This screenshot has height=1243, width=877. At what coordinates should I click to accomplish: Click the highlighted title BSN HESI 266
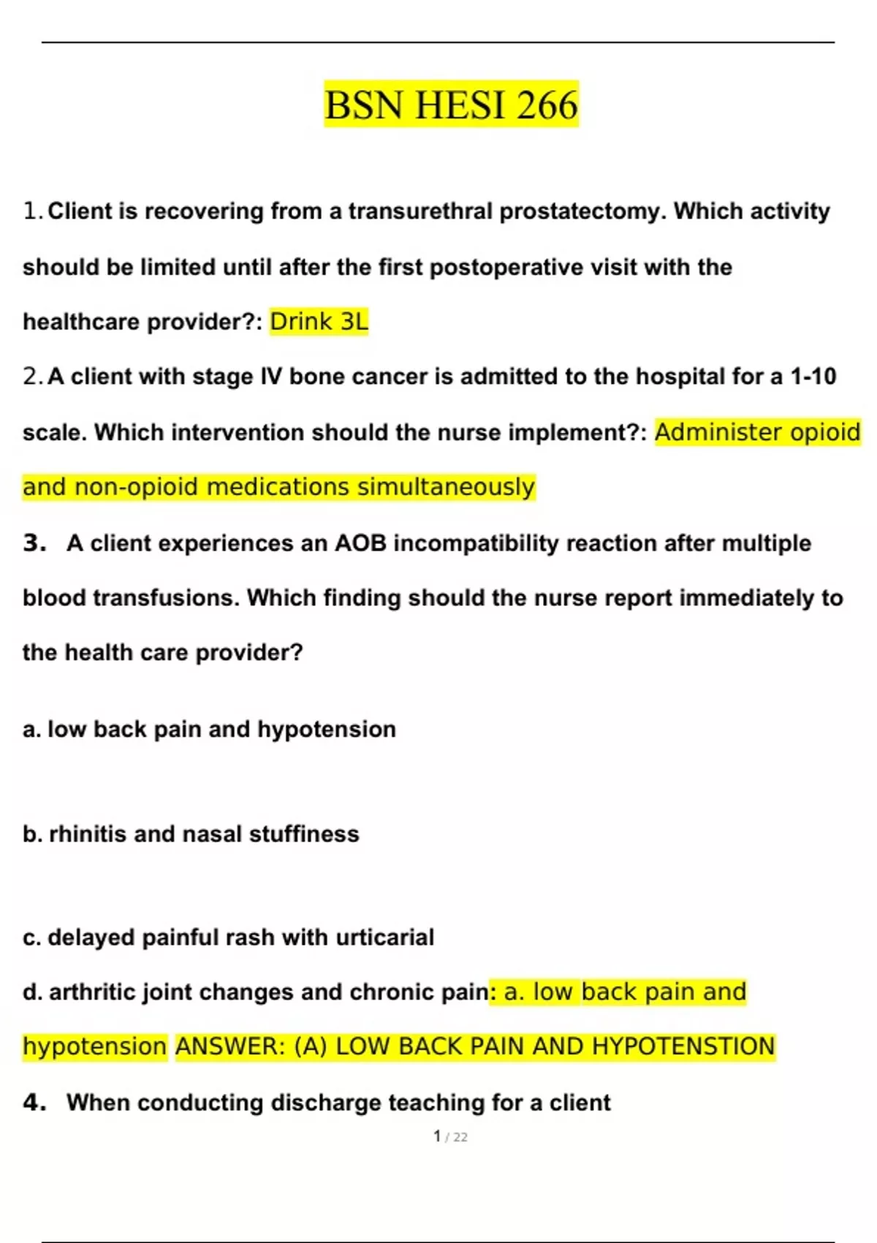click(451, 105)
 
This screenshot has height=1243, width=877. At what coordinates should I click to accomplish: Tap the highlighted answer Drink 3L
click(319, 322)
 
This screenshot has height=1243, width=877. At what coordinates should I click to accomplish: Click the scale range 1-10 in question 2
click(813, 377)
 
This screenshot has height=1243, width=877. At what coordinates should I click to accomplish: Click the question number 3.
click(34, 543)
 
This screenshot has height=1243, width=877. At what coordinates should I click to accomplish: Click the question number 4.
click(34, 1103)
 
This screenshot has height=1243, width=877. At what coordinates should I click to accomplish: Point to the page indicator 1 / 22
click(450, 1137)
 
